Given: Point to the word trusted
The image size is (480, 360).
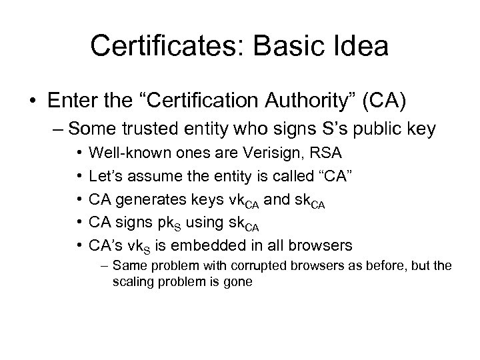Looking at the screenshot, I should pos(148,129).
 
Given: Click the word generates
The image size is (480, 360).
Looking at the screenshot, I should pos(147,197).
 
